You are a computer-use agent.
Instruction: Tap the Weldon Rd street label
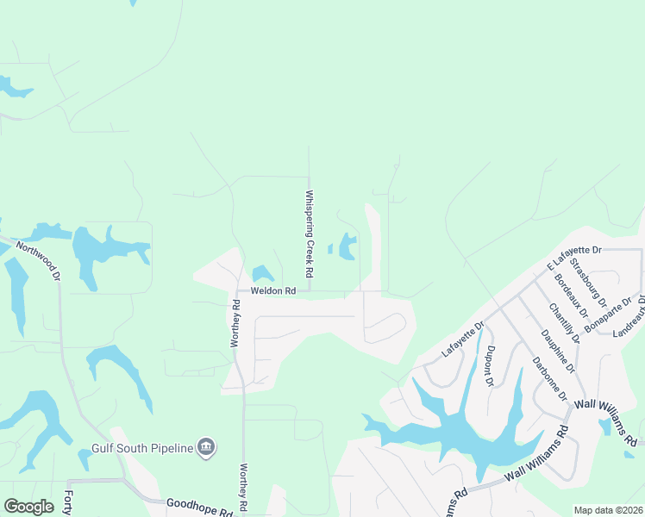(x=273, y=291)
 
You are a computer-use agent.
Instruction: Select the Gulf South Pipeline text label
(x=143, y=448)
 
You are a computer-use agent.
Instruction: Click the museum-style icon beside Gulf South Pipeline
(x=206, y=447)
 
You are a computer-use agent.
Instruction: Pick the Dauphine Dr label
(x=555, y=352)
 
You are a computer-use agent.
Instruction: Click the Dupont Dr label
(x=490, y=364)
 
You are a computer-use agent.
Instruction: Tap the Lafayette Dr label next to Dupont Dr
(x=464, y=339)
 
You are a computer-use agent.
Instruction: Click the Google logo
(x=28, y=507)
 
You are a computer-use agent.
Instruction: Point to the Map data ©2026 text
(x=609, y=510)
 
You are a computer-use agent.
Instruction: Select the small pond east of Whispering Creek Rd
(x=348, y=246)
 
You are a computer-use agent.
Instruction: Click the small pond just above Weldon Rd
(x=263, y=274)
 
